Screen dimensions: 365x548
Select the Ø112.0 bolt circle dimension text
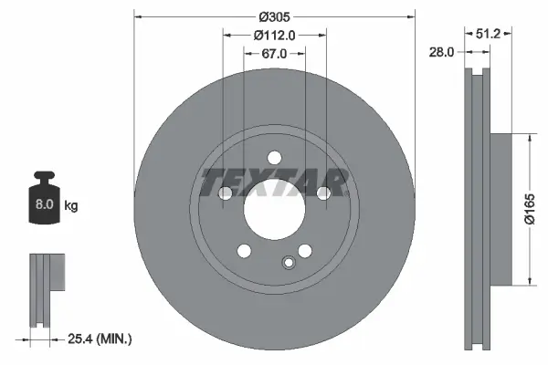(x=275, y=36)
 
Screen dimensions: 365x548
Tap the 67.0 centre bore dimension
(x=275, y=54)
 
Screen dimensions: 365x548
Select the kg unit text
(x=71, y=206)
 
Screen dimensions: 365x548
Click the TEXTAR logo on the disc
(x=274, y=181)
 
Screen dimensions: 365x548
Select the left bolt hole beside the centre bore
(x=226, y=193)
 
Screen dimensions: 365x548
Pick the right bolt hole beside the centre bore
(x=323, y=193)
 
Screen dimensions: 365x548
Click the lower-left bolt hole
(x=244, y=250)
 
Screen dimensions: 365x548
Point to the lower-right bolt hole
(x=305, y=250)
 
